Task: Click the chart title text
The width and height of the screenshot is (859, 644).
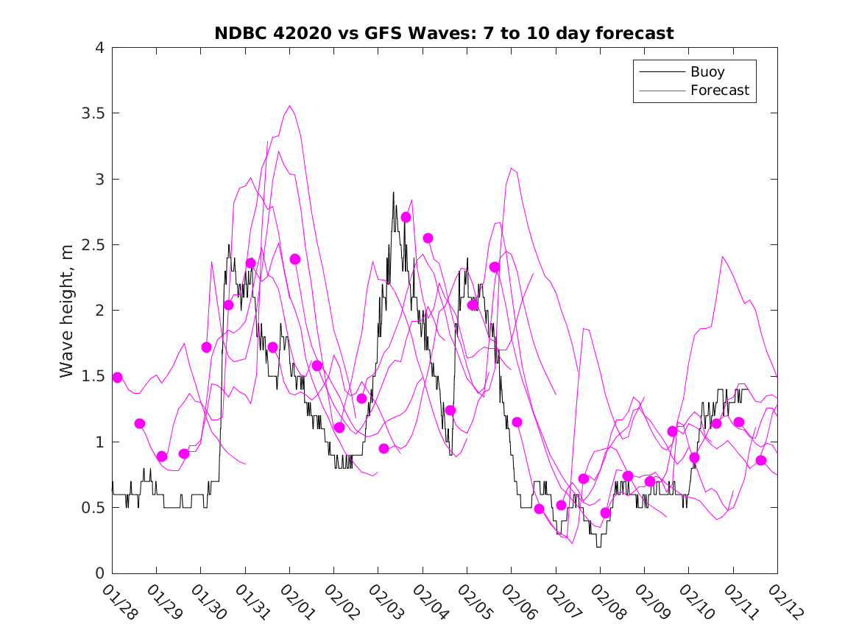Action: [444, 33]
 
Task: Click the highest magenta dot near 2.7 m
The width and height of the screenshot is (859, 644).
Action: [406, 217]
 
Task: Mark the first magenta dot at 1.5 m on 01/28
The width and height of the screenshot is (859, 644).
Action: [117, 377]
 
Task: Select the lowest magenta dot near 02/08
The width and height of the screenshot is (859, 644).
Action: [606, 512]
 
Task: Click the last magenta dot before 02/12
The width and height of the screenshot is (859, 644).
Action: [761, 460]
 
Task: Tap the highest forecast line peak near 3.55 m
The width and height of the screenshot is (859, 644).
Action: [290, 105]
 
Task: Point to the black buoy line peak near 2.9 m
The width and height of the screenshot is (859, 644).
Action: [393, 193]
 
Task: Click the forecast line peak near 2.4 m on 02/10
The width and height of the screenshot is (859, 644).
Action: [723, 256]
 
